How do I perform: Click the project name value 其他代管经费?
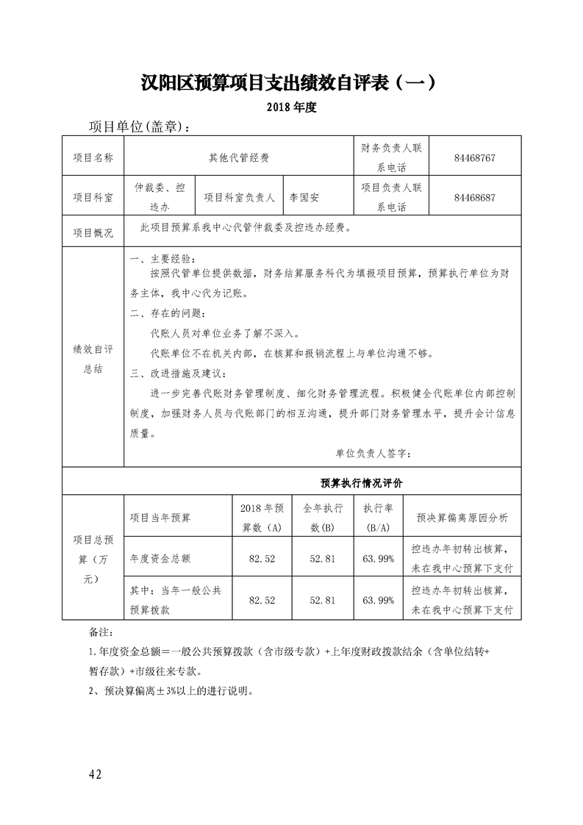239,157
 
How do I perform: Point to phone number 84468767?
474,157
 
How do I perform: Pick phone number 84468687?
474,197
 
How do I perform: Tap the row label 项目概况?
93,233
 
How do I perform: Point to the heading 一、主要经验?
162,260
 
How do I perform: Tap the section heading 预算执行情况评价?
362,483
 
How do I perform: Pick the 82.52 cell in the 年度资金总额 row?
262,559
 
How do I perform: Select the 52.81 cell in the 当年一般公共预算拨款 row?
323,600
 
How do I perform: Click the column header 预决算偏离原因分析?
462,518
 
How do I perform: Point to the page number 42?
94,775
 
